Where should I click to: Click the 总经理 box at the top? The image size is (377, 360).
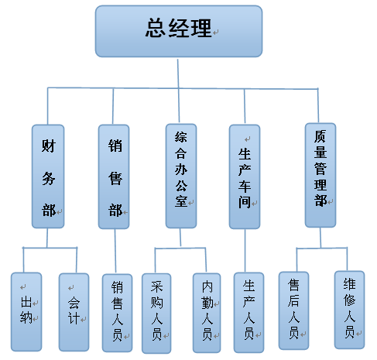pyautogui.click(x=179, y=31)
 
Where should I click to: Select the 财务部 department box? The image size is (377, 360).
pyautogui.click(x=48, y=177)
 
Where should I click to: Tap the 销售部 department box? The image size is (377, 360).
pyautogui.click(x=114, y=177)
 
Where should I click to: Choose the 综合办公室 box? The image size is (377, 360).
pyautogui.click(x=181, y=176)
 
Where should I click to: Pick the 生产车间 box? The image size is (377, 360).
pyautogui.click(x=245, y=177)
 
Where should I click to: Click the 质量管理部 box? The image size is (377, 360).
pyautogui.click(x=320, y=175)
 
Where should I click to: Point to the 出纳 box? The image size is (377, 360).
pyautogui.click(x=26, y=312)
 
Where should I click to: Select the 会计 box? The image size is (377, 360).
pyautogui.click(x=74, y=312)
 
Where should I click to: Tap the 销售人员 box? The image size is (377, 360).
pyautogui.click(x=118, y=313)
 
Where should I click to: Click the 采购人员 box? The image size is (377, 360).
pyautogui.click(x=156, y=314)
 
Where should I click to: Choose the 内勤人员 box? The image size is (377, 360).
pyautogui.click(x=207, y=313)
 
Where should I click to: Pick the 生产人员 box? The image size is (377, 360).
pyautogui.click(x=249, y=313)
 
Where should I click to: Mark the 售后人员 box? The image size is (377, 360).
pyautogui.click(x=294, y=310)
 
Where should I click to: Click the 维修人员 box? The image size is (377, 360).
pyautogui.click(x=350, y=310)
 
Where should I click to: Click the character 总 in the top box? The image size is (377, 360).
pyautogui.click(x=156, y=28)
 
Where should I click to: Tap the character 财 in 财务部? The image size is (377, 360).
pyautogui.click(x=49, y=146)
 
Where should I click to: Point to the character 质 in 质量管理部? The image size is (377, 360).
pyautogui.click(x=320, y=136)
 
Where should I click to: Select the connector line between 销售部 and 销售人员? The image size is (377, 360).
pyautogui.click(x=115, y=252)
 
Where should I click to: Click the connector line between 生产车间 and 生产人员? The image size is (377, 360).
pyautogui.click(x=245, y=251)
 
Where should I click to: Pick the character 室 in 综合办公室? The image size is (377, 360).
pyautogui.click(x=181, y=201)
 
